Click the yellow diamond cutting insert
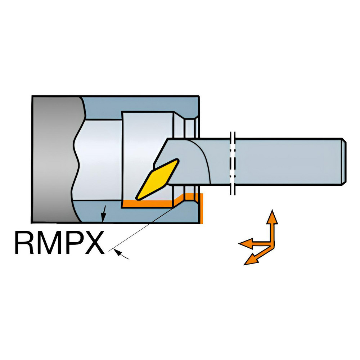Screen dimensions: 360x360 point(157,179)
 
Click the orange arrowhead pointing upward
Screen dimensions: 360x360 point(272,217)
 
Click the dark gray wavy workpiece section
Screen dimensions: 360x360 point(55,159)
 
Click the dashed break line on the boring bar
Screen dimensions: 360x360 point(233,163)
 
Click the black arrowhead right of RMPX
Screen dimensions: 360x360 point(118,253)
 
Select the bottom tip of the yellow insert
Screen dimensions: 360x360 point(137,198)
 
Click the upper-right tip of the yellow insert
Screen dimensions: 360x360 point(177,160)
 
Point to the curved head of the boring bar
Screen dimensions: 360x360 point(184,161)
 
